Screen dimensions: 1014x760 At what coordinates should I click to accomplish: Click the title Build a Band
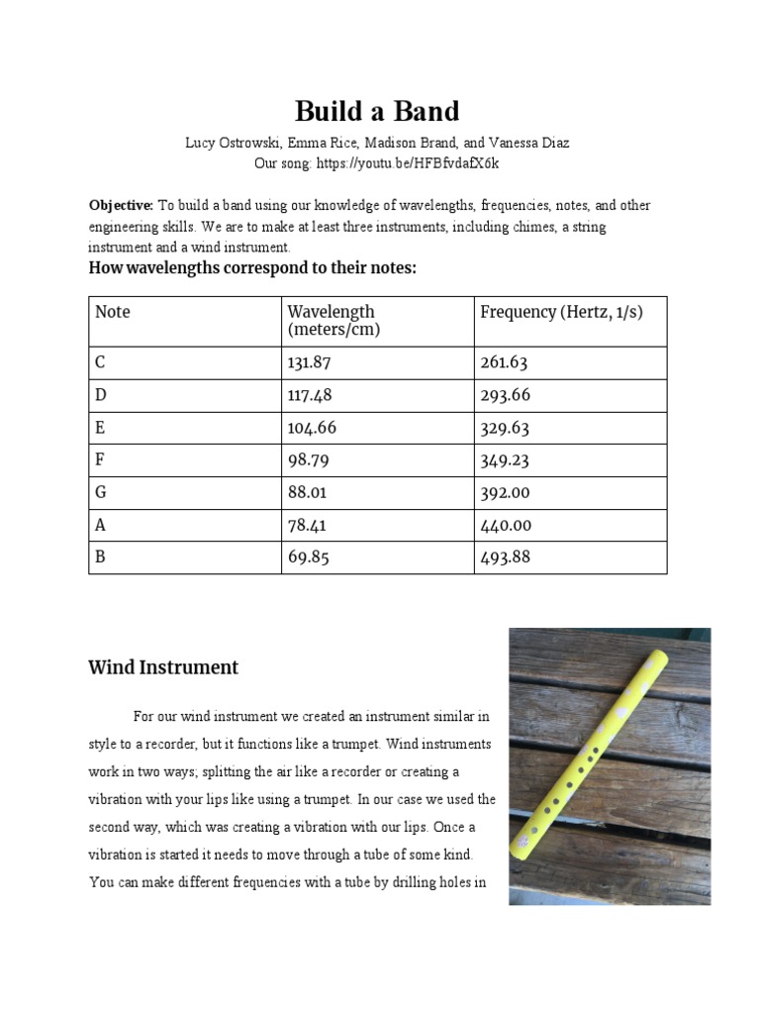pyautogui.click(x=377, y=110)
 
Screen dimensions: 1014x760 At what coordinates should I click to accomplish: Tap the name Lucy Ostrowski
pyautogui.click(x=231, y=143)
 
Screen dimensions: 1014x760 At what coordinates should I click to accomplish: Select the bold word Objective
pyautogui.click(x=120, y=206)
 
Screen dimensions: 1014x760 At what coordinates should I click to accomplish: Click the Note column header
pyautogui.click(x=113, y=312)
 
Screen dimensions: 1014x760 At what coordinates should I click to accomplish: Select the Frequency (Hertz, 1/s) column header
pyautogui.click(x=561, y=312)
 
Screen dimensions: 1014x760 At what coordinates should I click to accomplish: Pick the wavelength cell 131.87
pyautogui.click(x=308, y=362)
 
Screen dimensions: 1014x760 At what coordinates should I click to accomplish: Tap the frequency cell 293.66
pyautogui.click(x=505, y=395)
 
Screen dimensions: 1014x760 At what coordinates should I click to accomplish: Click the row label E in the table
pyautogui.click(x=100, y=428)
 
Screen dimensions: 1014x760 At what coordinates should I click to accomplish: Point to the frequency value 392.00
pyautogui.click(x=505, y=492)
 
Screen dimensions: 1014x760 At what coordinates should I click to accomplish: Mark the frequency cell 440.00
pyautogui.click(x=505, y=525)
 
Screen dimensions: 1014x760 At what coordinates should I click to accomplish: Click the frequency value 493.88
pyautogui.click(x=505, y=557)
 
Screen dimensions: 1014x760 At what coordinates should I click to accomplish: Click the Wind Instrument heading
pyautogui.click(x=163, y=667)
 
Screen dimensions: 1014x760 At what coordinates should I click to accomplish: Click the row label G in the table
pyautogui.click(x=100, y=492)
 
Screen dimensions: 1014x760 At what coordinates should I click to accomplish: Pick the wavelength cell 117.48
pyautogui.click(x=307, y=395)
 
